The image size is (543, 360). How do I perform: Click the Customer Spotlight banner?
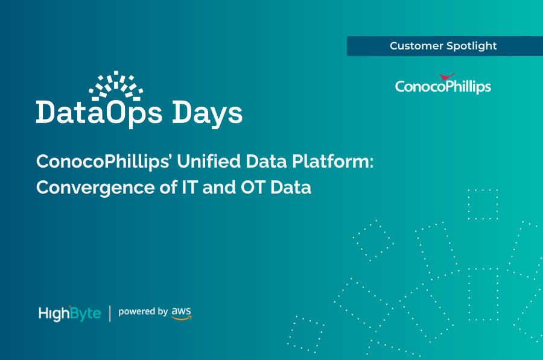[444, 46]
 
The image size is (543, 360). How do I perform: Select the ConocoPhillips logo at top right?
[443, 86]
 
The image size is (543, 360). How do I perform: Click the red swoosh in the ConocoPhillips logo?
[447, 77]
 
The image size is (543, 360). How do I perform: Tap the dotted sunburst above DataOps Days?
[116, 84]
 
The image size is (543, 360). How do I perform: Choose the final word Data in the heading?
[290, 188]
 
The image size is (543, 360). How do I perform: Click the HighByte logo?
[69, 313]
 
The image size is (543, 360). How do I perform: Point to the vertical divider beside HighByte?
[110, 313]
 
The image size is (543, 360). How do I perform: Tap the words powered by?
[142, 312]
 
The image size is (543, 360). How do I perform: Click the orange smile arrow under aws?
[181, 318]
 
